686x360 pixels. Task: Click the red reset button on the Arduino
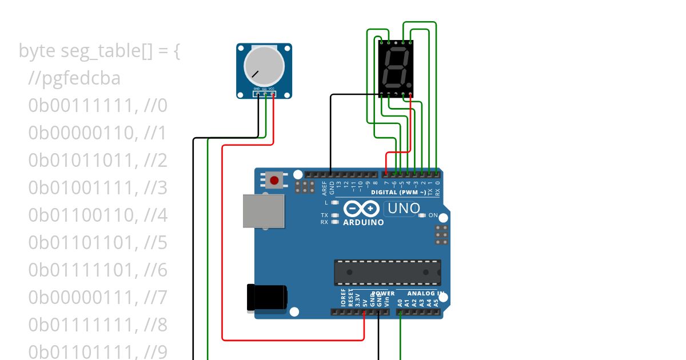click(x=274, y=181)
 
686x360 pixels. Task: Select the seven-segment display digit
click(x=396, y=67)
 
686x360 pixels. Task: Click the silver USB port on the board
click(x=264, y=210)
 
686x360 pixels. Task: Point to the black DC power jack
click(x=267, y=298)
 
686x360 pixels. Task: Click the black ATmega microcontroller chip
click(x=388, y=272)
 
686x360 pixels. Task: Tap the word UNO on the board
click(x=404, y=209)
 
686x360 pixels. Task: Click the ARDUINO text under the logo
click(x=364, y=222)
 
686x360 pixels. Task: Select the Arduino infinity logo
click(x=362, y=209)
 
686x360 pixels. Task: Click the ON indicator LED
click(x=422, y=215)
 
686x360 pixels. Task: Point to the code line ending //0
click(x=98, y=106)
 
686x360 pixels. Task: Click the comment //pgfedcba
click(x=74, y=78)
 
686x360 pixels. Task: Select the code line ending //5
click(x=98, y=243)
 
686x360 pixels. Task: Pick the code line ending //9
click(x=98, y=350)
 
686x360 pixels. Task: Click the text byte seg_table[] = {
click(x=99, y=51)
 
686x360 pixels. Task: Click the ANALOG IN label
click(x=425, y=294)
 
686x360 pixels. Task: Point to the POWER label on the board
click(x=383, y=294)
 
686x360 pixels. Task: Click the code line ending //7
click(x=98, y=298)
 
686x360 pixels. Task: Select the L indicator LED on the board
click(x=335, y=202)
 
